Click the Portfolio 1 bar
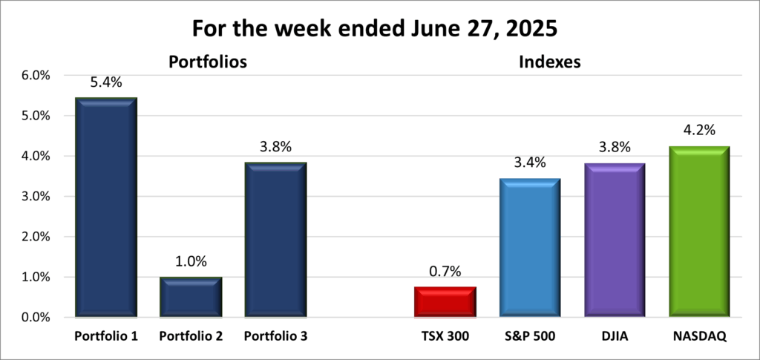[106, 208]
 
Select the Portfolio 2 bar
[191, 298]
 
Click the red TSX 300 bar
[445, 302]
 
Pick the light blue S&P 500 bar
[529, 248]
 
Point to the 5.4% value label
[106, 82]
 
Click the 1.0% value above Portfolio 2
[191, 261]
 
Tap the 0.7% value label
[445, 272]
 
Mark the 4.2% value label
[698, 131]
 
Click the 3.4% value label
[529, 163]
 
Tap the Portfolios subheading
[207, 62]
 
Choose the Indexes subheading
[548, 62]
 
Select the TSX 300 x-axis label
[445, 337]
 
